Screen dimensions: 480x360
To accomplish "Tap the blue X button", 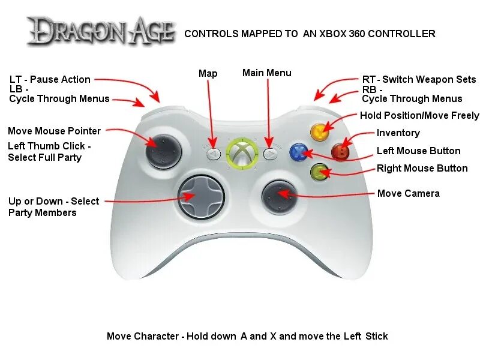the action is pos(298,152).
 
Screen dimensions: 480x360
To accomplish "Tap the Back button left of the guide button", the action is pos(213,154).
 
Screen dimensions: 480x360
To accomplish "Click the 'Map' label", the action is pos(208,73).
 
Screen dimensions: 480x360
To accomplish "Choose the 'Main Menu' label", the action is pos(266,73).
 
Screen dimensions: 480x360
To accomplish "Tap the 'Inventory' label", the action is pos(398,133).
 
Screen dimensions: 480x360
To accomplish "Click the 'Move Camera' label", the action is pos(408,193).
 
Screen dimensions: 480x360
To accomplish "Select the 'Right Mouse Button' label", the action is pos(422,169).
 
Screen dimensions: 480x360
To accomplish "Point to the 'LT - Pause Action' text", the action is pos(50,79).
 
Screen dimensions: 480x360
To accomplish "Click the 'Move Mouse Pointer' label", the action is pos(54,131).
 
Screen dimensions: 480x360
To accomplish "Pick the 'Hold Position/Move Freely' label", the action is pos(419,115).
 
